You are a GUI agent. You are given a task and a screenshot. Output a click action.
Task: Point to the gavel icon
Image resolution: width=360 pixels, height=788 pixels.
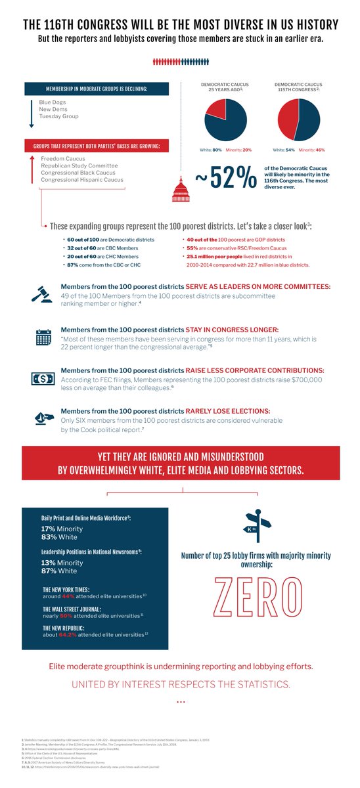(x=43, y=295)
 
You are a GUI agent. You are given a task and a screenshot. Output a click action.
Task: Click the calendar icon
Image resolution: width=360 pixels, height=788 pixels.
(x=43, y=338)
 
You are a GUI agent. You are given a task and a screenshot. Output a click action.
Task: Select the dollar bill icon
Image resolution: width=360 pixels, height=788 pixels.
(x=43, y=379)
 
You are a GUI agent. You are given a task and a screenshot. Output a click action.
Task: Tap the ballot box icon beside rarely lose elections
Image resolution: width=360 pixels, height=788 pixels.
(x=43, y=418)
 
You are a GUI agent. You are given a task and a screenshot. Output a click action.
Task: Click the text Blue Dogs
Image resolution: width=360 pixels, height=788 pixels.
(x=53, y=102)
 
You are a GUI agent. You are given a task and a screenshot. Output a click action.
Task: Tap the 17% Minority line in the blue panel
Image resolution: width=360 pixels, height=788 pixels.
(x=62, y=529)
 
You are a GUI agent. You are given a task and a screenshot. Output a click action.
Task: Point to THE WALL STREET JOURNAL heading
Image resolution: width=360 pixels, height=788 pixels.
(x=72, y=608)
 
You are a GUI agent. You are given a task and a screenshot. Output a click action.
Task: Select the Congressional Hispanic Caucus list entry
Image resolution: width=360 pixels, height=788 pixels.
(x=81, y=180)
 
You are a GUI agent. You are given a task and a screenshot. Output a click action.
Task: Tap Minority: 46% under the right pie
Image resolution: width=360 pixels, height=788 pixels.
(x=310, y=150)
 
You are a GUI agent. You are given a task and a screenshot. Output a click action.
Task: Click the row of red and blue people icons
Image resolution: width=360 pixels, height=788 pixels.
(x=180, y=62)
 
